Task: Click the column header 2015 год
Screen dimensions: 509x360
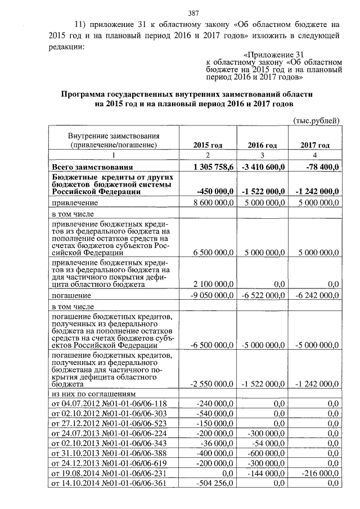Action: (208, 145)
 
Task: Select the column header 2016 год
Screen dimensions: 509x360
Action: (262, 145)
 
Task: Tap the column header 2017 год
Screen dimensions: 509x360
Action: (315, 145)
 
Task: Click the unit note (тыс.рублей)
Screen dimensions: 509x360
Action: (317, 120)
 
